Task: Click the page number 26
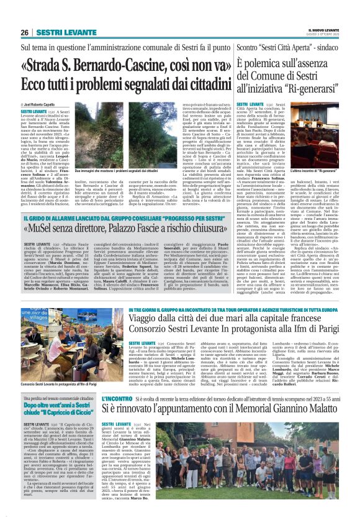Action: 25,32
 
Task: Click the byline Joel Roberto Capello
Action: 43,104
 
